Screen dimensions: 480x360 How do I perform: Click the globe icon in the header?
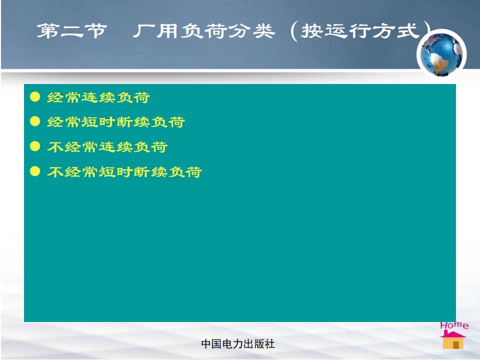(441, 54)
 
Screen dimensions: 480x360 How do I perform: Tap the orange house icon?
(453, 339)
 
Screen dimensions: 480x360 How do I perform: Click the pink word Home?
(454, 325)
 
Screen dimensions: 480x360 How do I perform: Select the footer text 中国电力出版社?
(238, 344)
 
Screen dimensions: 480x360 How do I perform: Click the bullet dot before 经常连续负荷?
(35, 96)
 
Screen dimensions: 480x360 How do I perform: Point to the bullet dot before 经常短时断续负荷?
(35, 121)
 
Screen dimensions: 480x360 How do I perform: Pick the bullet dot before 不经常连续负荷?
(35, 146)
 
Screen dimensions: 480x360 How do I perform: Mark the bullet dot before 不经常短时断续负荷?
(35, 171)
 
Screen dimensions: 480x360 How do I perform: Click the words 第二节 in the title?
(72, 30)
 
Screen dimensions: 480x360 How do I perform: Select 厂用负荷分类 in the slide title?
(203, 31)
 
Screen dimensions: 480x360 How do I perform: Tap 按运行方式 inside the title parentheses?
(359, 31)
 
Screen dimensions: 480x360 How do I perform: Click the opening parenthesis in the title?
(294, 31)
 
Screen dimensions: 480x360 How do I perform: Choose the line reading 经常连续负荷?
(98, 97)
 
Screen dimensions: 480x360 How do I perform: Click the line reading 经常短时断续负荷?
(115, 122)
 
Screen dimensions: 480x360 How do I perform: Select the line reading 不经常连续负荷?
(107, 147)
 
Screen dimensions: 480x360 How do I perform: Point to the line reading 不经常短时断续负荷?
(124, 171)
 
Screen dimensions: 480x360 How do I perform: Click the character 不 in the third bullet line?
(55, 147)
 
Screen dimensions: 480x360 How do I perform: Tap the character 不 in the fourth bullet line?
(55, 171)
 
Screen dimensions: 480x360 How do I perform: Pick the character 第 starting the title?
(48, 30)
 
